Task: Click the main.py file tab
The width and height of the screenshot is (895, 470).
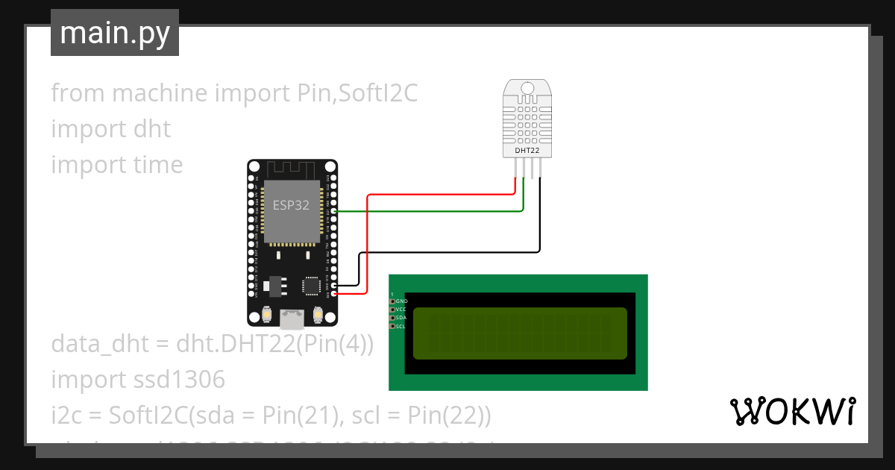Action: (x=114, y=33)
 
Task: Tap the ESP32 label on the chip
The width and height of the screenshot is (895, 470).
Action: (x=291, y=206)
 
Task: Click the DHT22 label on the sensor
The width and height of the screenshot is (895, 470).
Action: (x=527, y=151)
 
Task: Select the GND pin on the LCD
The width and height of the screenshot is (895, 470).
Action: (x=393, y=301)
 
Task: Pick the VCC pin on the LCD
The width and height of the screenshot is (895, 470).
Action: (x=393, y=309)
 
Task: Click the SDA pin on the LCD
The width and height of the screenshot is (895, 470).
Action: (x=393, y=318)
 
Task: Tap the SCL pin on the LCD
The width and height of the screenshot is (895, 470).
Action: (x=393, y=326)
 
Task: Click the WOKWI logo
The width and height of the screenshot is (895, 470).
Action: (x=792, y=411)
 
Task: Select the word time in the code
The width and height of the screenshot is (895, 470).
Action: (x=157, y=165)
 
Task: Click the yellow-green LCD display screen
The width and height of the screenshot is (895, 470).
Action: (x=519, y=333)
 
